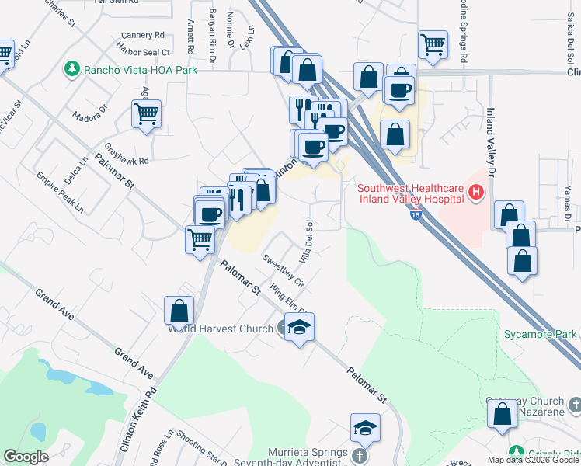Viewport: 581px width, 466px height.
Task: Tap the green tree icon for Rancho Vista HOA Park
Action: (73, 69)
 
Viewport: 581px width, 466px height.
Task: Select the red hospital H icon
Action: (476, 191)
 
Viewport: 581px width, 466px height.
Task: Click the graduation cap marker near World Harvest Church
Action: (299, 327)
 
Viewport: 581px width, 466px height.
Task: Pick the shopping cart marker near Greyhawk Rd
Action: (146, 114)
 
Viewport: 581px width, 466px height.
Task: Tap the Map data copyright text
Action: (533, 460)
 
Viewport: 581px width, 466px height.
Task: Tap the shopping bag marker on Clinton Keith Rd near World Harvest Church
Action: (179, 311)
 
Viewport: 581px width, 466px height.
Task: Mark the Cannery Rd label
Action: (144, 35)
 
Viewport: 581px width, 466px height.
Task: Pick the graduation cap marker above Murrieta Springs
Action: (364, 428)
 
